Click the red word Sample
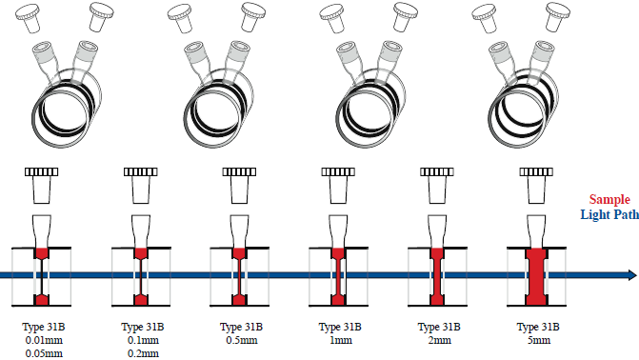609,200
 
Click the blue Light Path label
609,214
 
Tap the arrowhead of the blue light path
632,275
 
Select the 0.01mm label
44,340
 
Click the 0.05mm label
44,353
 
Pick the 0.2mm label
143,353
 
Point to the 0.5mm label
242,340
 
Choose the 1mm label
341,340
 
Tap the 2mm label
439,340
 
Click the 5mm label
538,340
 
